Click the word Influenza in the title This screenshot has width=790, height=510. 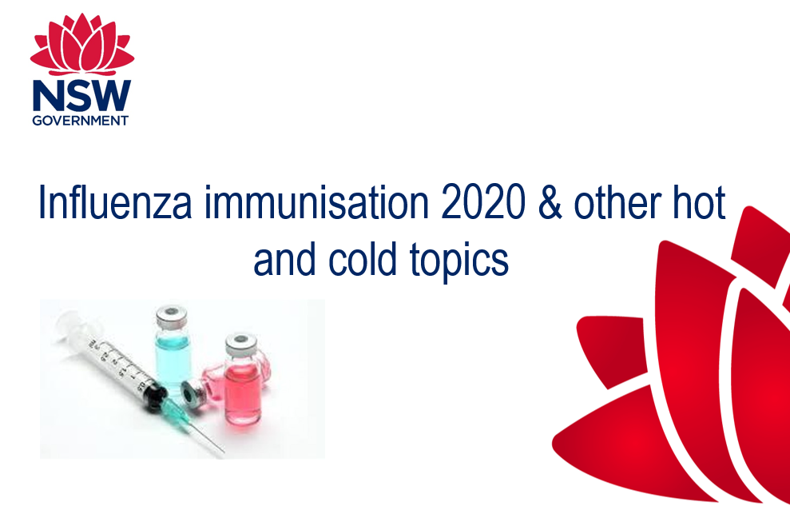pyautogui.click(x=115, y=202)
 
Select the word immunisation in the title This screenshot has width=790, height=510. pyautogui.click(x=316, y=202)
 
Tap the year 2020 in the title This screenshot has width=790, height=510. pyautogui.click(x=482, y=202)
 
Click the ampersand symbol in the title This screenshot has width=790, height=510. pyautogui.click(x=550, y=202)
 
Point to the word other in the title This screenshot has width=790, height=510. pyautogui.click(x=617, y=202)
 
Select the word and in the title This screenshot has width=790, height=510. pyautogui.click(x=284, y=259)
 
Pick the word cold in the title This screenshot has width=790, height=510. pyautogui.click(x=363, y=259)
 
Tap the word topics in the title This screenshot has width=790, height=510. pyautogui.click(x=459, y=262)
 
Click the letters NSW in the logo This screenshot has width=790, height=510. pyautogui.click(x=81, y=96)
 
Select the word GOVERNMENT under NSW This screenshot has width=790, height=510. pyautogui.click(x=81, y=121)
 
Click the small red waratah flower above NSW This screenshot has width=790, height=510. pyautogui.click(x=82, y=44)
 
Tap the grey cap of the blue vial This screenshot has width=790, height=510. pyautogui.click(x=171, y=316)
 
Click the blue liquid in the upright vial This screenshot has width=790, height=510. pyautogui.click(x=173, y=359)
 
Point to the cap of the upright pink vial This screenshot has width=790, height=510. pyautogui.click(x=240, y=345)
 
